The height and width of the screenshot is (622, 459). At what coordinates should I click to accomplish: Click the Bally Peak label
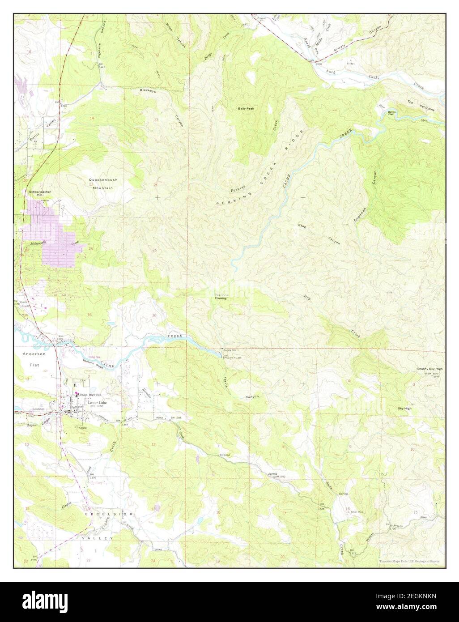(246, 108)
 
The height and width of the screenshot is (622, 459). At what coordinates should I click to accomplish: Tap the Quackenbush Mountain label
(103, 183)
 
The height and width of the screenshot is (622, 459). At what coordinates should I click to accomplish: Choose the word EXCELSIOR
(109, 515)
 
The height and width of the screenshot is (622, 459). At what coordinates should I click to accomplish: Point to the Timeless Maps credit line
(409, 561)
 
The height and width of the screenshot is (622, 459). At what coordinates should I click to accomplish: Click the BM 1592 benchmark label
(280, 477)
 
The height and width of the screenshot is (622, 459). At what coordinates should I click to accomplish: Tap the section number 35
(89, 315)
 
